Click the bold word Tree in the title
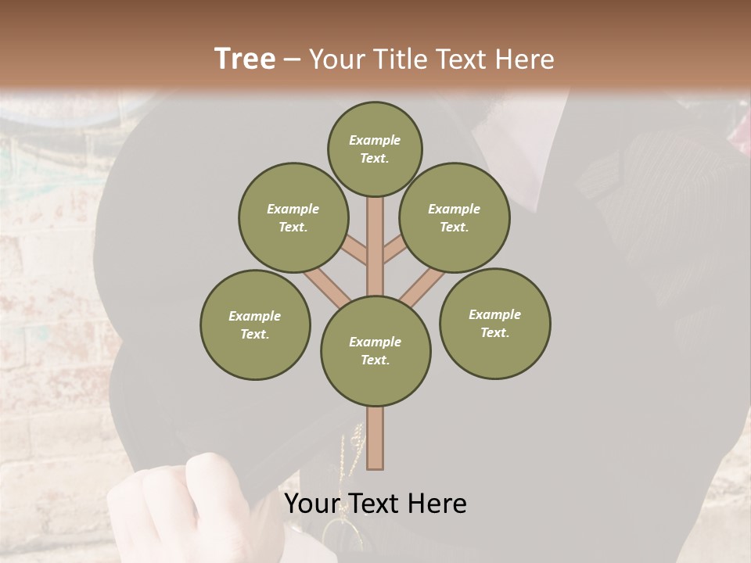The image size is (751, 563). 245,59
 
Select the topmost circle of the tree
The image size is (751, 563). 375,149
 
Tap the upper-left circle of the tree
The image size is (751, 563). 293,218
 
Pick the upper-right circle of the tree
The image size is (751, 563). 454,218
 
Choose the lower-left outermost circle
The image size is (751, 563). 255,325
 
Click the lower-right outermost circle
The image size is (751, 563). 494,324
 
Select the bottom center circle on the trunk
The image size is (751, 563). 375,351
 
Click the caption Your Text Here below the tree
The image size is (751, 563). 375,504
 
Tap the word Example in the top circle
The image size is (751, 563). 375,141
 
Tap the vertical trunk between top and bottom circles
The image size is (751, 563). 375,242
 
